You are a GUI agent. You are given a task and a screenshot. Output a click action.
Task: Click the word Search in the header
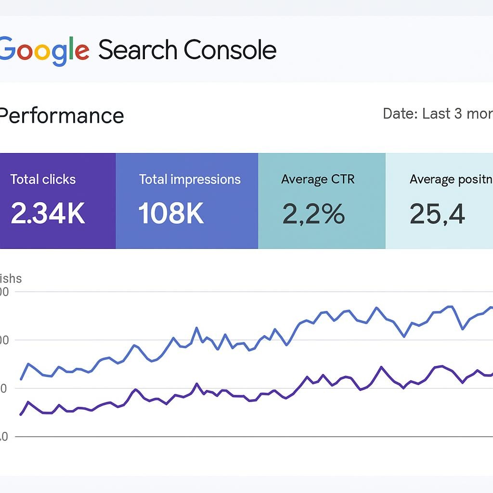tap(138, 50)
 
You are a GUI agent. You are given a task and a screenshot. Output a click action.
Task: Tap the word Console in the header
tap(230, 50)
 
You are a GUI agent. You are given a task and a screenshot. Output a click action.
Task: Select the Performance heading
tap(61, 116)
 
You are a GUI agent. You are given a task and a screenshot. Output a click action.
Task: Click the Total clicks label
tap(43, 180)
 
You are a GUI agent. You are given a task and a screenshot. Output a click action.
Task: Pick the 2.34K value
tap(48, 214)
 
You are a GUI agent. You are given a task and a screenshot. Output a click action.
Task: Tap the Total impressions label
tap(190, 180)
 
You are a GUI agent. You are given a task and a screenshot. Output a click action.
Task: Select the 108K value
tap(171, 214)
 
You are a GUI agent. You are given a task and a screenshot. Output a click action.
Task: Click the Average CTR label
tap(318, 180)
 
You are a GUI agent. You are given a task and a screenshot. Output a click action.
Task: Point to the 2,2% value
tap(313, 214)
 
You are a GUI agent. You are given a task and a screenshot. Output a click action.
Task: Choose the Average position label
tap(451, 180)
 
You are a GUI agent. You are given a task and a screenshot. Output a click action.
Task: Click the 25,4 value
tap(437, 214)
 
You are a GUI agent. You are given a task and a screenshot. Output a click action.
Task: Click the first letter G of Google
tap(6, 50)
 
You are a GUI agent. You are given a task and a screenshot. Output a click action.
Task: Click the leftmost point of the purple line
tap(21, 415)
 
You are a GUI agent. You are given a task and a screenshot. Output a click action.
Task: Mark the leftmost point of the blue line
tap(21, 379)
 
